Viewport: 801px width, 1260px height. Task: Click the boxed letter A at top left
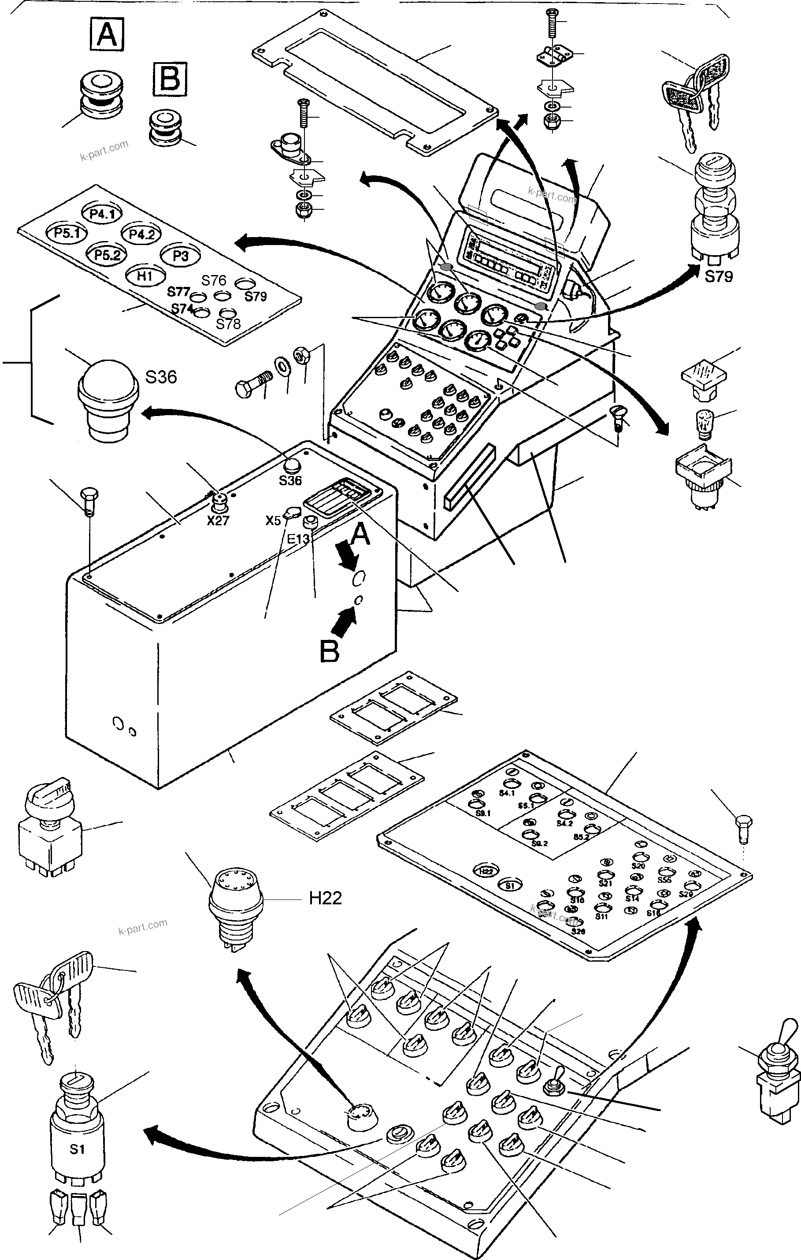tap(107, 34)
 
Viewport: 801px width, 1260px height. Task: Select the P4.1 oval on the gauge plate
tap(101, 213)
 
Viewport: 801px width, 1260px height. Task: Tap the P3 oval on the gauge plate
tap(181, 256)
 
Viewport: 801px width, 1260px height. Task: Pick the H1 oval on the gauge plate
tap(144, 276)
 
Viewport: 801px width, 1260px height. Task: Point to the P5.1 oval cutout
tap(66, 233)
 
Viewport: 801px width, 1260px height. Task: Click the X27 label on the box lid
tap(218, 521)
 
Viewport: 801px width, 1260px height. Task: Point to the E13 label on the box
tap(299, 539)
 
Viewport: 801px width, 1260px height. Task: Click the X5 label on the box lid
tap(273, 520)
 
